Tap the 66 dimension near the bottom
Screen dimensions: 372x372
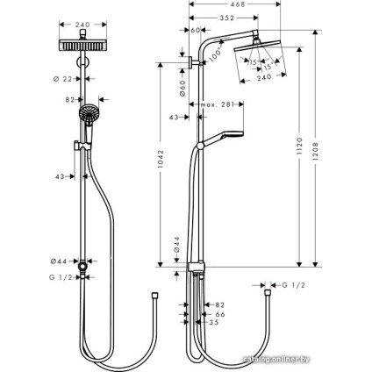click(x=220, y=313)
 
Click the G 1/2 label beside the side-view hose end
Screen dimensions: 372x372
click(x=291, y=285)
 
